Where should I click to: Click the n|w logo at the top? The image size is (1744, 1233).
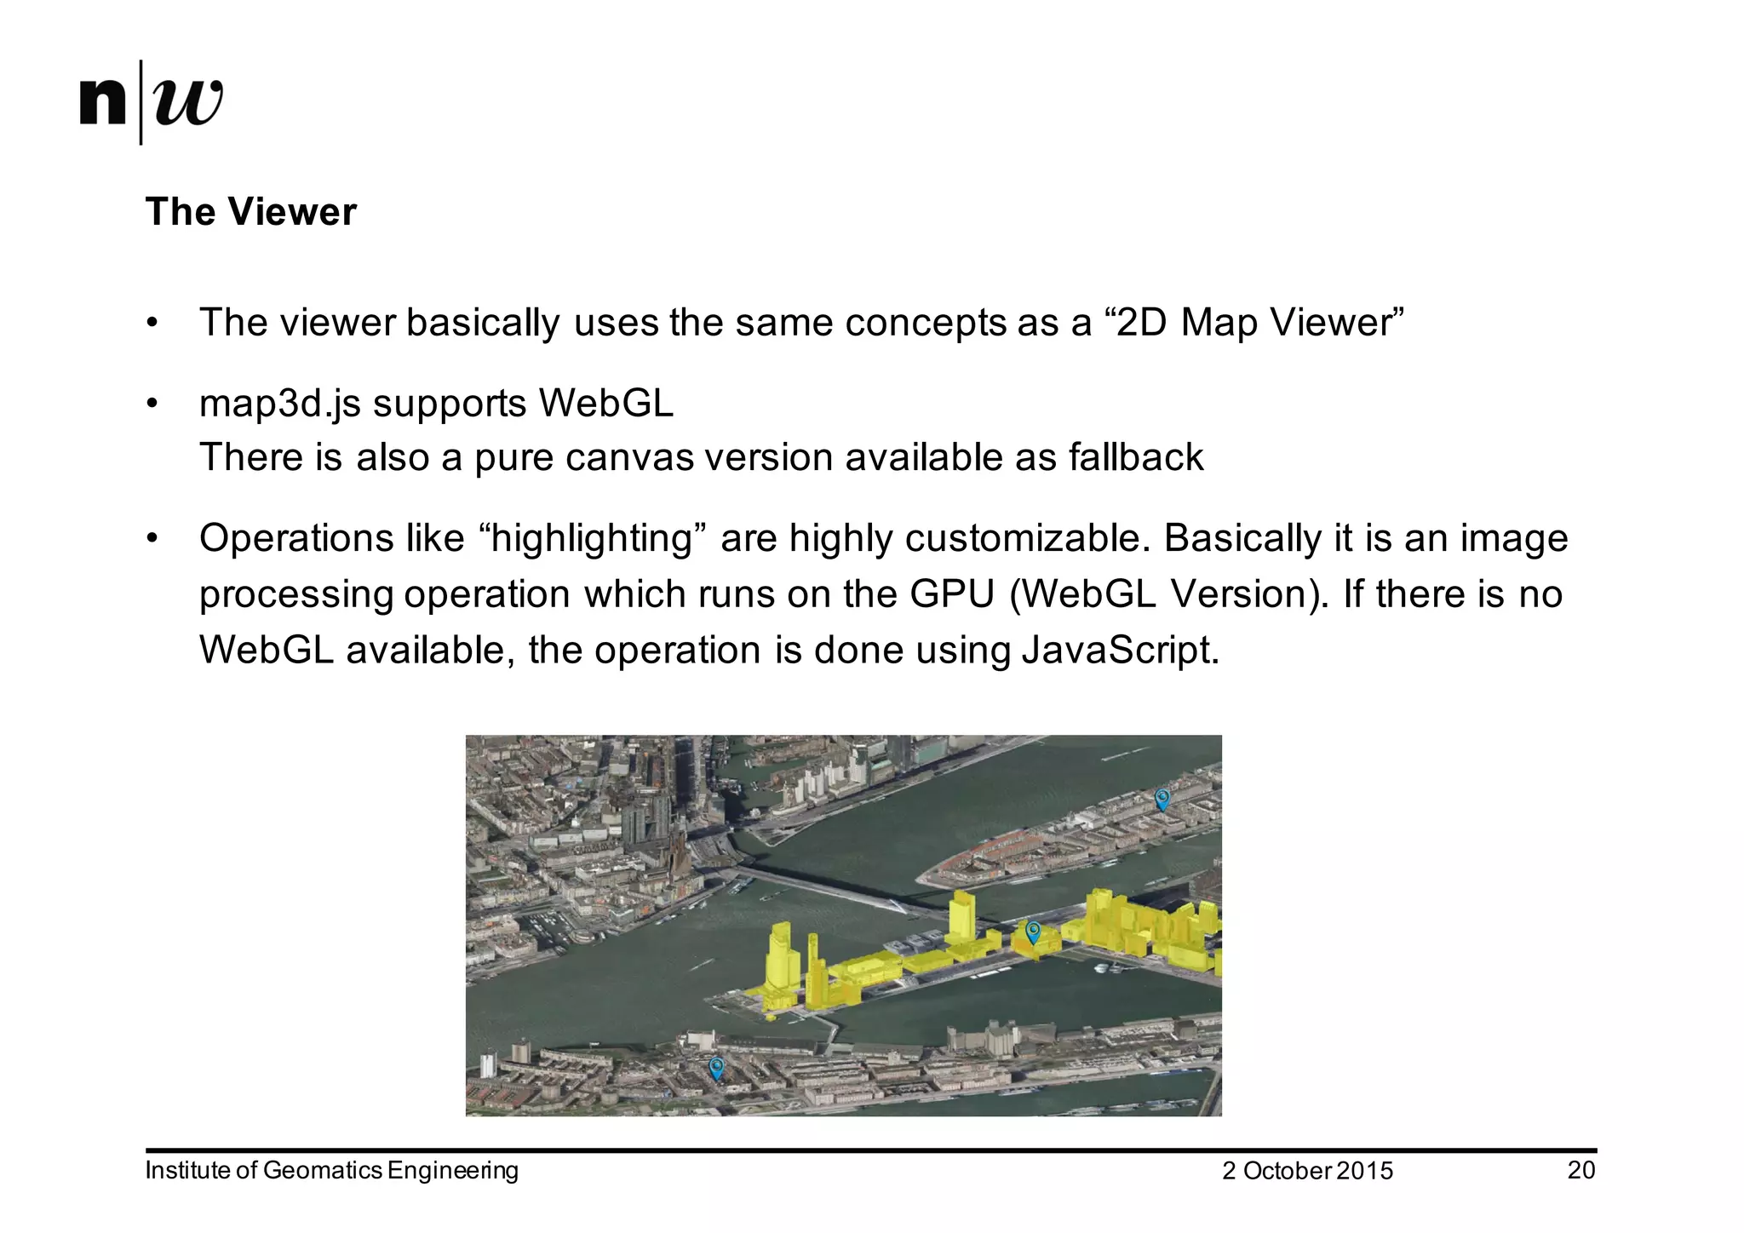(152, 102)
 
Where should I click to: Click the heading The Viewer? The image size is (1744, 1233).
(250, 212)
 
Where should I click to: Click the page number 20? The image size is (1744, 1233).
(1580, 1170)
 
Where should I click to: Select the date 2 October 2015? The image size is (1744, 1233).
(1307, 1171)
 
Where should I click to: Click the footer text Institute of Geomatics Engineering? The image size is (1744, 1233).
(331, 1170)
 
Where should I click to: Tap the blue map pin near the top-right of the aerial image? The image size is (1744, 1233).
(1162, 799)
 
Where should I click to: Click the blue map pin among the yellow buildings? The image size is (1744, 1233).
(1033, 932)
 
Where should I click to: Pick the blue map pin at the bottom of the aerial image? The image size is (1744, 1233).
(716, 1067)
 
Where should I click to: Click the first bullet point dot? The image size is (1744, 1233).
(152, 323)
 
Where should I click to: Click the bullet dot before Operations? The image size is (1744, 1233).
(152, 538)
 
